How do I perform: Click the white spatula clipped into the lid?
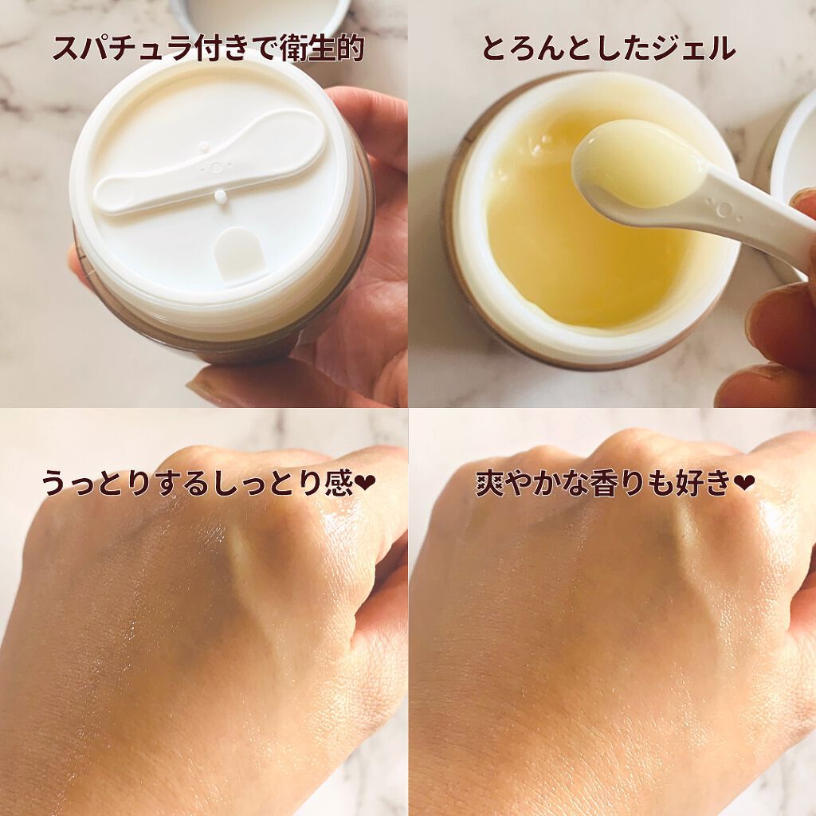[x=211, y=171]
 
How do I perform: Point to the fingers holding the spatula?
[x=769, y=335]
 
